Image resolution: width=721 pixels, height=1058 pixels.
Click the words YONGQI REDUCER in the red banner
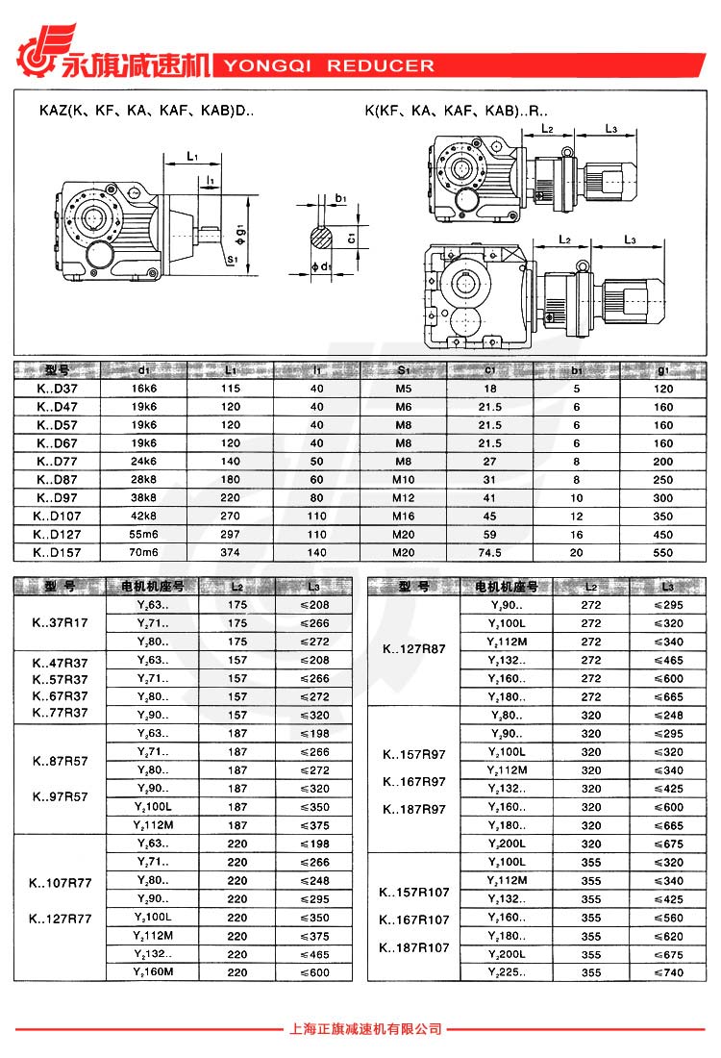[x=329, y=66]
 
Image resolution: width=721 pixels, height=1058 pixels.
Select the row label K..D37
[x=58, y=389]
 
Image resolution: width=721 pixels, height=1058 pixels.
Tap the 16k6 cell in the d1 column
[x=143, y=389]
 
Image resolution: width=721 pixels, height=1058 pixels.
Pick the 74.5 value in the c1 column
[x=490, y=553]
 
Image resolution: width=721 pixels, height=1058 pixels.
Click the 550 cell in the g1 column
[x=662, y=553]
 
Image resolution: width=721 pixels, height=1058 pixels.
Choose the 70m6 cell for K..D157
[x=143, y=553]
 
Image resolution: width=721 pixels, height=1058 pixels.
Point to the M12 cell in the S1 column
[x=403, y=498]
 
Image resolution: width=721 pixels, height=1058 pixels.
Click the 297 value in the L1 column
[x=231, y=535]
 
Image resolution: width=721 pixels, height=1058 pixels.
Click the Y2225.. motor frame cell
[x=507, y=973]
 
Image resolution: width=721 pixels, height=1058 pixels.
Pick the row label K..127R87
[x=414, y=650]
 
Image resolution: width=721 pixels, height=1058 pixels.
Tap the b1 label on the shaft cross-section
[x=341, y=198]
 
